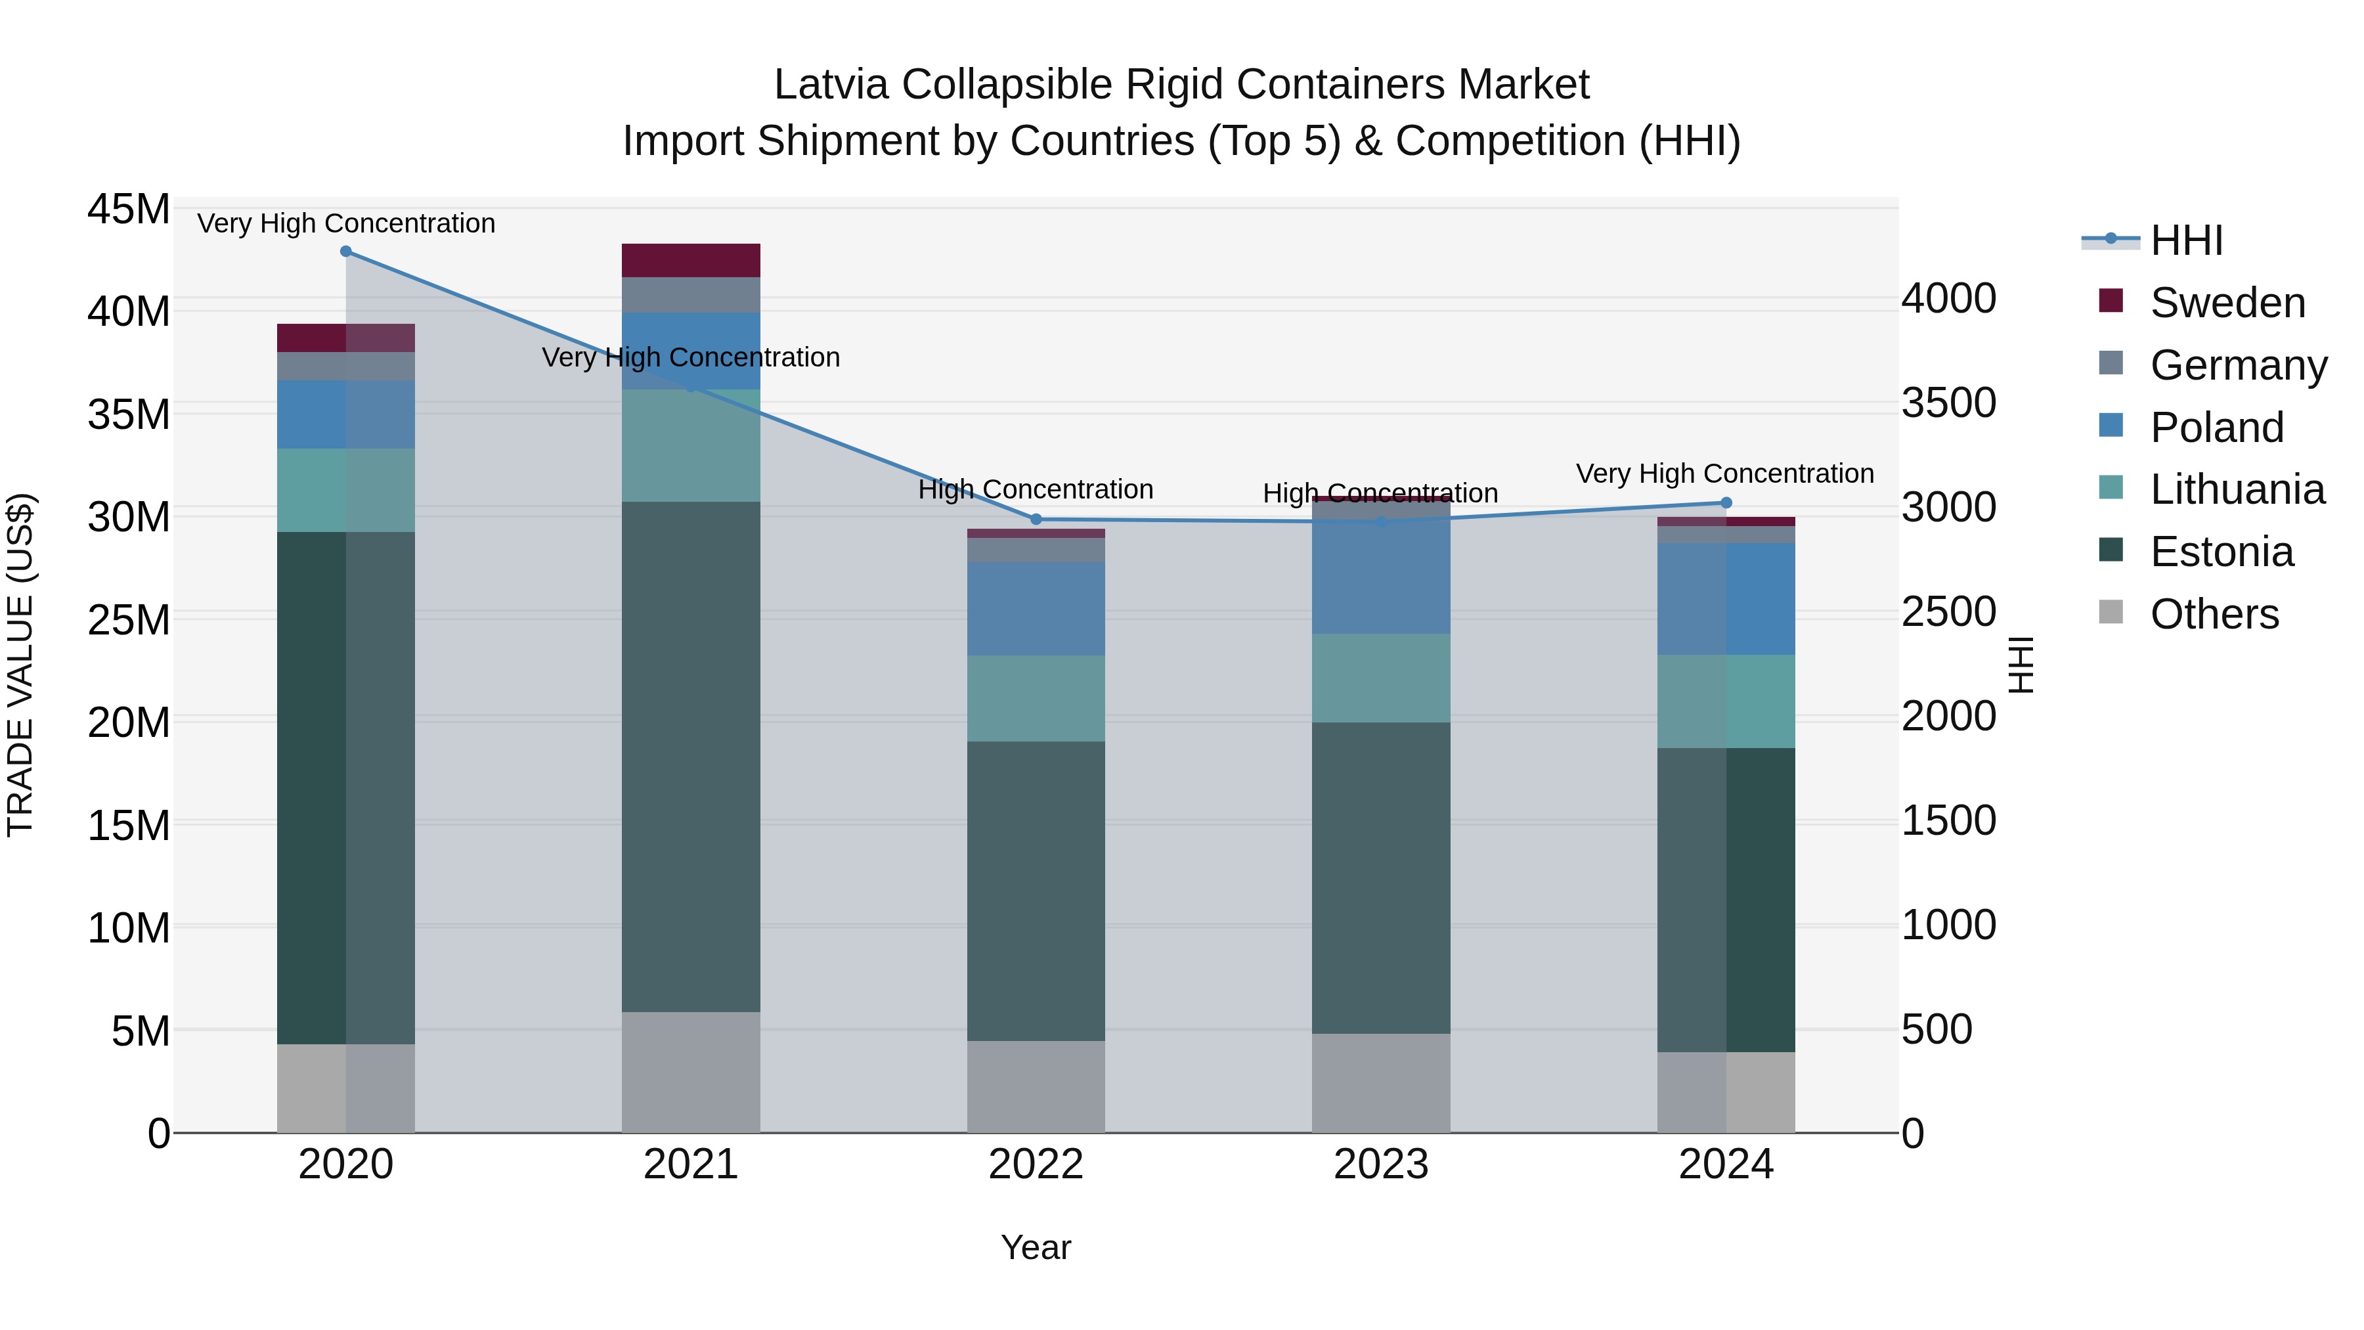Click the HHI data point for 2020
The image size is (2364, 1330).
click(346, 252)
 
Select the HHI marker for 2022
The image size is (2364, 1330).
click(1036, 520)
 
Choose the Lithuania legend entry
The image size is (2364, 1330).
click(2237, 490)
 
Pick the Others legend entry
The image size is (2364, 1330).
click(2214, 614)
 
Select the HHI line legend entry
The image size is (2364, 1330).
click(2186, 240)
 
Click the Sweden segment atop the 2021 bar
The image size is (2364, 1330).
click(691, 261)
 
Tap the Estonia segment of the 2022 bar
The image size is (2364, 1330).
click(1036, 891)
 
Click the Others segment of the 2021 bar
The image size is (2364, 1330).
click(691, 1072)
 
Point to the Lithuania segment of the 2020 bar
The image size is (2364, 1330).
click(346, 490)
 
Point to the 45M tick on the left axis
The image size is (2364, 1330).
click(129, 210)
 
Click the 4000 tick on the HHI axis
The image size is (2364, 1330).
click(1948, 298)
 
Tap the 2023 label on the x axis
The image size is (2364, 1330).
click(1381, 1164)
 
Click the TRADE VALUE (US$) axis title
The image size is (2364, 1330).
click(20, 665)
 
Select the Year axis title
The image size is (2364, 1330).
click(1036, 1247)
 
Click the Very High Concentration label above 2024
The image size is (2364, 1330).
click(1725, 474)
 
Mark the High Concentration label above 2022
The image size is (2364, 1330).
click(1036, 489)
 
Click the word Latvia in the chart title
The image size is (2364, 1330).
click(831, 85)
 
